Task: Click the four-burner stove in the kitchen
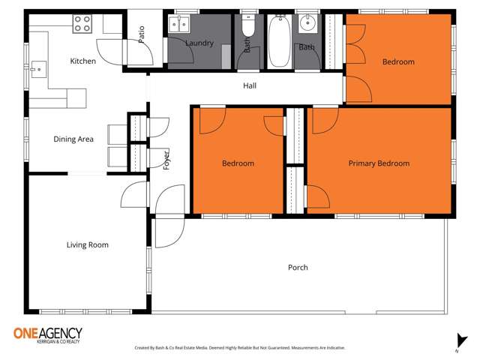pyautogui.click(x=82, y=23)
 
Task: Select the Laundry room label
pyautogui.click(x=199, y=43)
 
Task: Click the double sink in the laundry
pyautogui.click(x=179, y=24)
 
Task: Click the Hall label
pyautogui.click(x=250, y=86)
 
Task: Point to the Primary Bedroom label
pyautogui.click(x=379, y=163)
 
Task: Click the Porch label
pyautogui.click(x=298, y=268)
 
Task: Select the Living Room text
pyautogui.click(x=87, y=245)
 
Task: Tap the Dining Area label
pyautogui.click(x=73, y=139)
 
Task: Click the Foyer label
pyautogui.click(x=166, y=159)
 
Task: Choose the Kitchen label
pyautogui.click(x=82, y=61)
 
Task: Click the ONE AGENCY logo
pyautogui.click(x=47, y=334)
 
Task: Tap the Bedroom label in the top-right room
pyautogui.click(x=397, y=62)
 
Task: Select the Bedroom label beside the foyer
pyautogui.click(x=238, y=163)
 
